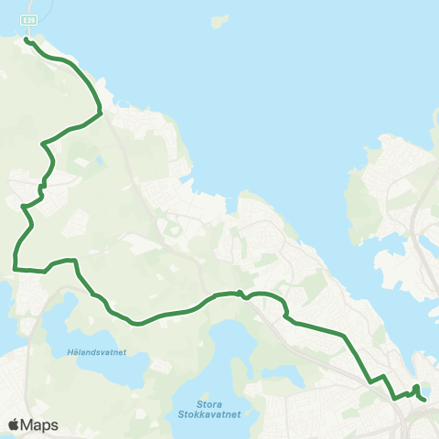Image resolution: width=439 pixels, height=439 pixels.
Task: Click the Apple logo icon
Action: pyautogui.click(x=14, y=424)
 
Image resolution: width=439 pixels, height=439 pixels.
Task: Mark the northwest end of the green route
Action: pyautogui.click(x=26, y=40)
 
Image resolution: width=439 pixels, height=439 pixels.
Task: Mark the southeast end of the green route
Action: pyautogui.click(x=425, y=400)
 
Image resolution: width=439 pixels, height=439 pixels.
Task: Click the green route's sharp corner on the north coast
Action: pyautogui.click(x=99, y=113)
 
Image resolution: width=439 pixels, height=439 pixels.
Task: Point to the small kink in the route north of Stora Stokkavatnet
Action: pyautogui.click(x=241, y=294)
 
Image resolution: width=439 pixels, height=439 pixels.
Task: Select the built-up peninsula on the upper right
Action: pyautogui.click(x=389, y=174)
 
